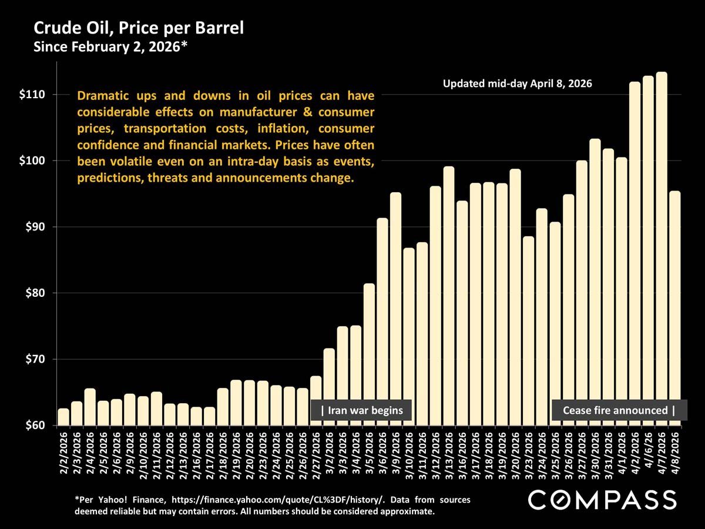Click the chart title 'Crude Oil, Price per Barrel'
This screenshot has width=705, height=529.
[x=138, y=28]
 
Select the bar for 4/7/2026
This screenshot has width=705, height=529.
[x=662, y=247]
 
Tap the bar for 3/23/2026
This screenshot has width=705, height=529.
[x=528, y=329]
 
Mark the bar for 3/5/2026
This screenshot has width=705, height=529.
[x=369, y=353]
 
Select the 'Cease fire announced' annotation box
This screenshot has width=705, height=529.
[x=619, y=410]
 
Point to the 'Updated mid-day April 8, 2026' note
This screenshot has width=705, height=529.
[x=517, y=84]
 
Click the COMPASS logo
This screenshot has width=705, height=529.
[x=602, y=500]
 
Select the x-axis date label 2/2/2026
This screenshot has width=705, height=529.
[x=63, y=456]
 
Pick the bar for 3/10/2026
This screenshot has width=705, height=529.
[x=409, y=335]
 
